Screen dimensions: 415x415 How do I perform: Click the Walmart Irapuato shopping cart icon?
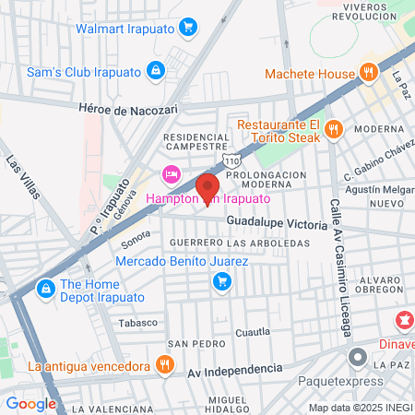pos(187,27)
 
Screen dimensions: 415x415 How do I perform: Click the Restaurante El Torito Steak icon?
pos(335,129)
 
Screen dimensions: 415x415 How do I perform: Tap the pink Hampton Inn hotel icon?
pos(171,174)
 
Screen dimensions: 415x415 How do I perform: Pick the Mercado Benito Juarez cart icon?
pos(221,281)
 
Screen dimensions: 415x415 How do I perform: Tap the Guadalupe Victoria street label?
pos(276,224)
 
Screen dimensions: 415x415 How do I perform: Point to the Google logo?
pos(31,403)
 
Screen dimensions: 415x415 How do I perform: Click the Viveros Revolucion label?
pos(363,11)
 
